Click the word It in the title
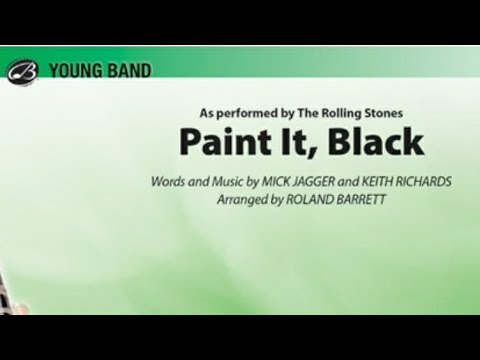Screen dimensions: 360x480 (270, 142)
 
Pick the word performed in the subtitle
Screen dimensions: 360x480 (242, 112)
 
